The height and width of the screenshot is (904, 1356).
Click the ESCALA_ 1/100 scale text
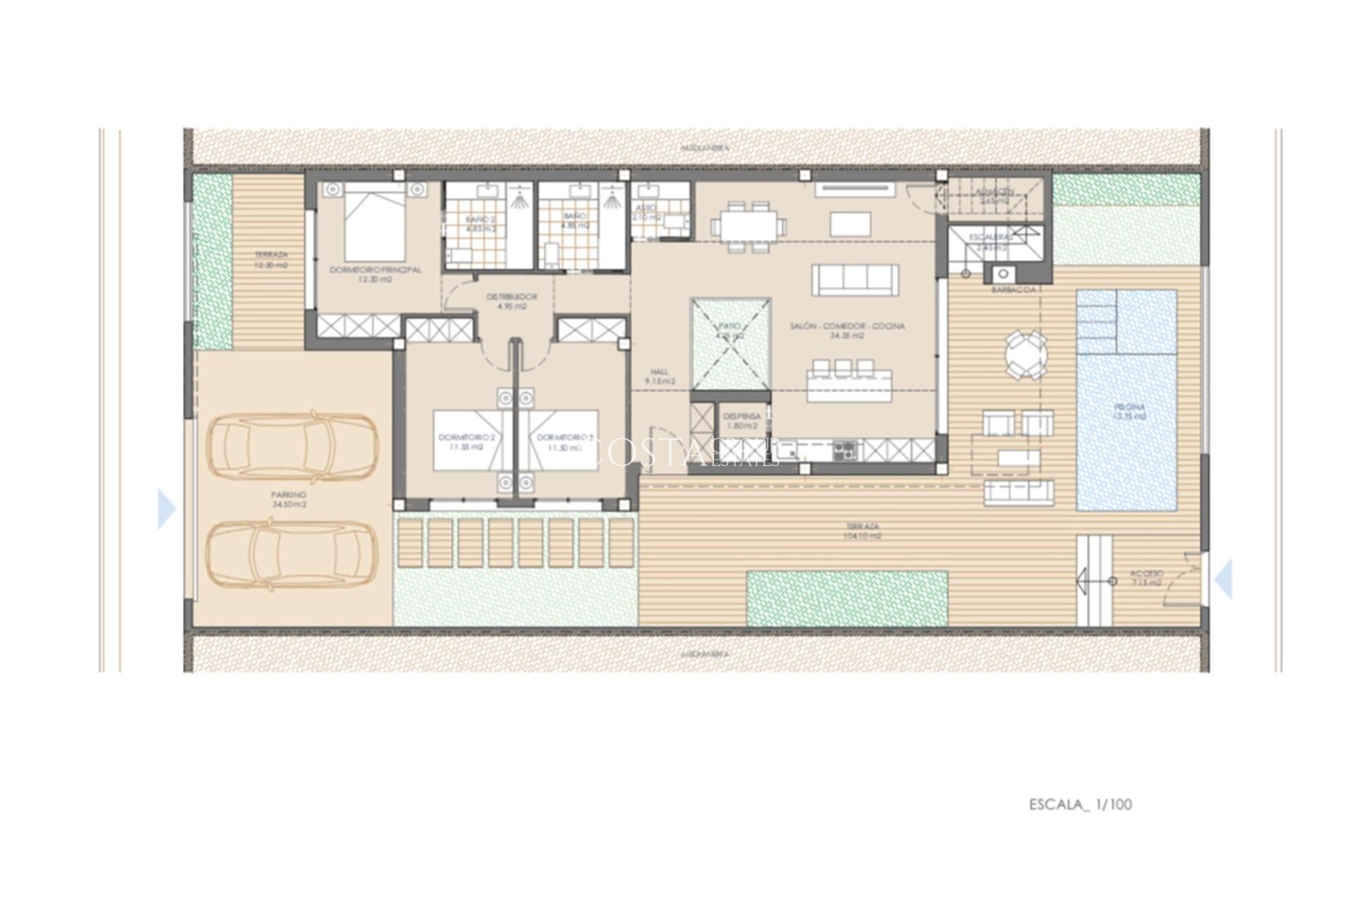point(1080,804)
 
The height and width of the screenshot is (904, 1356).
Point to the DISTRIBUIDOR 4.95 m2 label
point(512,302)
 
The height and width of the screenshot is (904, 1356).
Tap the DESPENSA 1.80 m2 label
point(742,421)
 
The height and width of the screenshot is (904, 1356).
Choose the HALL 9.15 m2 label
point(660,376)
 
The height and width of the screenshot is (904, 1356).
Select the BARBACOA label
point(1013,290)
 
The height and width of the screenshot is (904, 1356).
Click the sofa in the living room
point(855,280)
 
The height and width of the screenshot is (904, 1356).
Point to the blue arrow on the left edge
point(166,509)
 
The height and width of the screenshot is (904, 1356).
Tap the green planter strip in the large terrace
point(846,599)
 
